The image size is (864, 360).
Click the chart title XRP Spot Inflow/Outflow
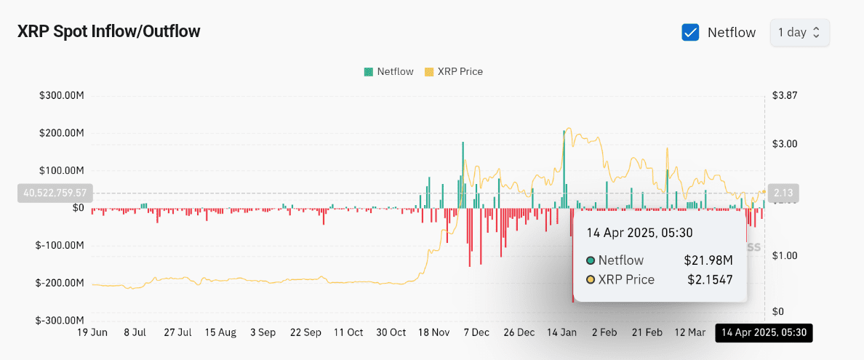pyautogui.click(x=108, y=31)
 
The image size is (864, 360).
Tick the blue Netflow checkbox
pyautogui.click(x=690, y=33)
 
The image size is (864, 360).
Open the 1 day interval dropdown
pyautogui.click(x=799, y=33)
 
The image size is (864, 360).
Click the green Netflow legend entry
pyautogui.click(x=388, y=71)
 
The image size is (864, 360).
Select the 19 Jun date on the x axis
pyautogui.click(x=92, y=332)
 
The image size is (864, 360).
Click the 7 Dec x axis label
pyautogui.click(x=477, y=332)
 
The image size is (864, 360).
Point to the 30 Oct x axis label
pyautogui.click(x=391, y=332)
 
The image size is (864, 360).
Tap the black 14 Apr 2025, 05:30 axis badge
pyautogui.click(x=764, y=333)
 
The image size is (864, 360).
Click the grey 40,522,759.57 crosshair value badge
pyautogui.click(x=55, y=193)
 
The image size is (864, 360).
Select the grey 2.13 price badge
pyautogui.click(x=783, y=193)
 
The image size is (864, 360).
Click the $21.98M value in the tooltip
pyautogui.click(x=708, y=260)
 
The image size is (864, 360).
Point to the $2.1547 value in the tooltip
pyautogui.click(x=710, y=279)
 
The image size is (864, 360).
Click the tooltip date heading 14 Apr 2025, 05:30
pyautogui.click(x=640, y=233)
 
